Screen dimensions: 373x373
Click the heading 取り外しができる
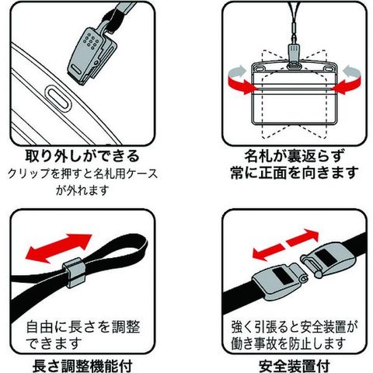[x=82, y=156]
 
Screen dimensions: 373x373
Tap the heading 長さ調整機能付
[x=82, y=366]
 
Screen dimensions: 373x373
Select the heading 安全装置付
[x=295, y=366]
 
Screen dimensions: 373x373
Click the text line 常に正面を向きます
[x=295, y=173]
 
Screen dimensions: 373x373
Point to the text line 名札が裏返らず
[x=295, y=155]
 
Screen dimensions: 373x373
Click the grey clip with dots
[x=91, y=56]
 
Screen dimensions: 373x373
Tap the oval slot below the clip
[x=58, y=99]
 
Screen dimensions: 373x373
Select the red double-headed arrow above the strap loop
[x=58, y=248]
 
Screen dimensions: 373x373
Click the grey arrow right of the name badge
[x=352, y=71]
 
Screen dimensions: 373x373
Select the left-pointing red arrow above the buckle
[x=269, y=252]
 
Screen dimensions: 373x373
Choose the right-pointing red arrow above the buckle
[x=302, y=237]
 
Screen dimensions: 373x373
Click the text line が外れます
[x=82, y=190]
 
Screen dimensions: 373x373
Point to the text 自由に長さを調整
[x=83, y=327]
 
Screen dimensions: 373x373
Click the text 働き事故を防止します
[x=288, y=343]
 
